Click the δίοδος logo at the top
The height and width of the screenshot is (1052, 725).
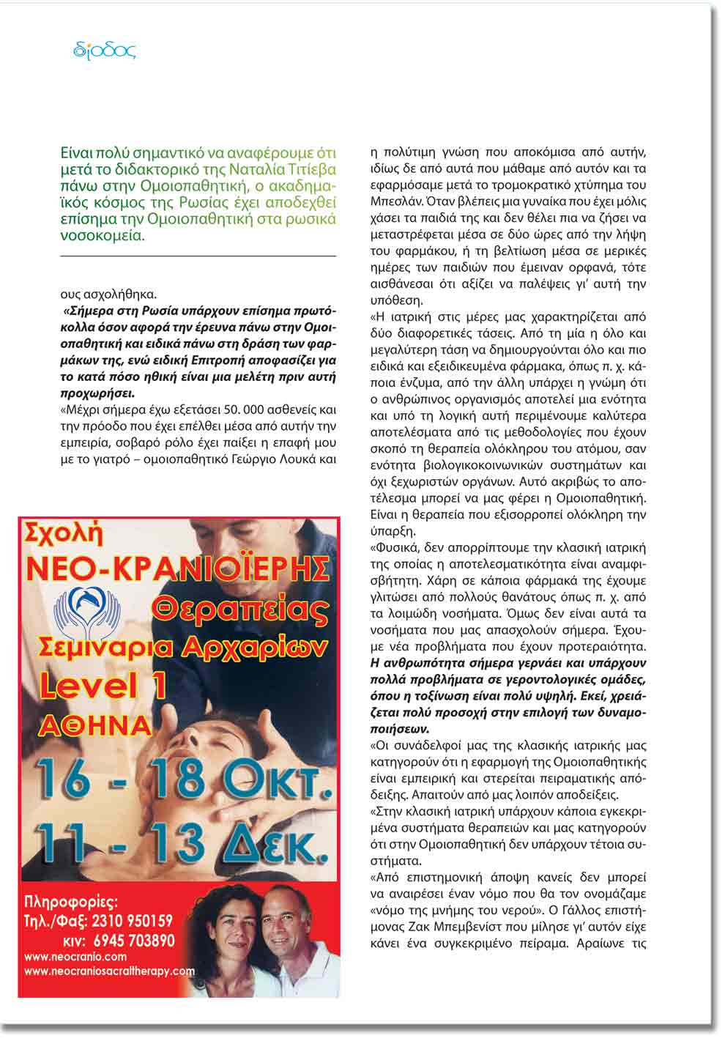coord(105,51)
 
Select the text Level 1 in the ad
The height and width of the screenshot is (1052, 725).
coord(103,685)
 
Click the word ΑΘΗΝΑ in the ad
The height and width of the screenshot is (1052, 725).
coord(94,725)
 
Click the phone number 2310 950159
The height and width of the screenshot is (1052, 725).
coord(128,921)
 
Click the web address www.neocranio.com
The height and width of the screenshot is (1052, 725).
coord(75,957)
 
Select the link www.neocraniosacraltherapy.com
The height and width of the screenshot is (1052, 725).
coord(110,971)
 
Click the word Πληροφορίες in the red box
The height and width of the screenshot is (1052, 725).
coord(71,901)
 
